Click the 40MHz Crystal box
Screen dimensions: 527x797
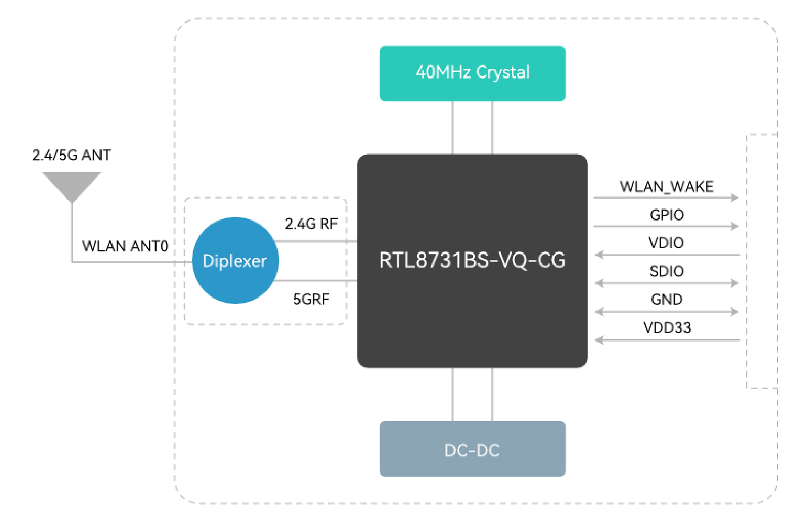tap(472, 73)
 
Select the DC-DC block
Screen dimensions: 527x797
tap(472, 449)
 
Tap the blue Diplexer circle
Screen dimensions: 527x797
tap(235, 260)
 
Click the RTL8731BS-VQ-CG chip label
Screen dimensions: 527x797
tap(472, 260)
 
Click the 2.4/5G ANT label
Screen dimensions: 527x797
tap(71, 155)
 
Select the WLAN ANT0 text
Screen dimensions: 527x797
tap(125, 246)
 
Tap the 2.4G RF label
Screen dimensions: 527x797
tap(311, 224)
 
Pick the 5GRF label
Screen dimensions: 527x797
tap(311, 299)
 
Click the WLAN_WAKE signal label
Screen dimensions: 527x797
tap(666, 186)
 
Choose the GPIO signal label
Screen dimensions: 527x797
tap(666, 215)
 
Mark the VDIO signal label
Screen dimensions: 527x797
tap(666, 243)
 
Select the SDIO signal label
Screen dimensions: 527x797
tap(666, 271)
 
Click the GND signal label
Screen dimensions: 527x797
tap(666, 299)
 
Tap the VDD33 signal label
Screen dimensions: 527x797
tap(666, 327)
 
